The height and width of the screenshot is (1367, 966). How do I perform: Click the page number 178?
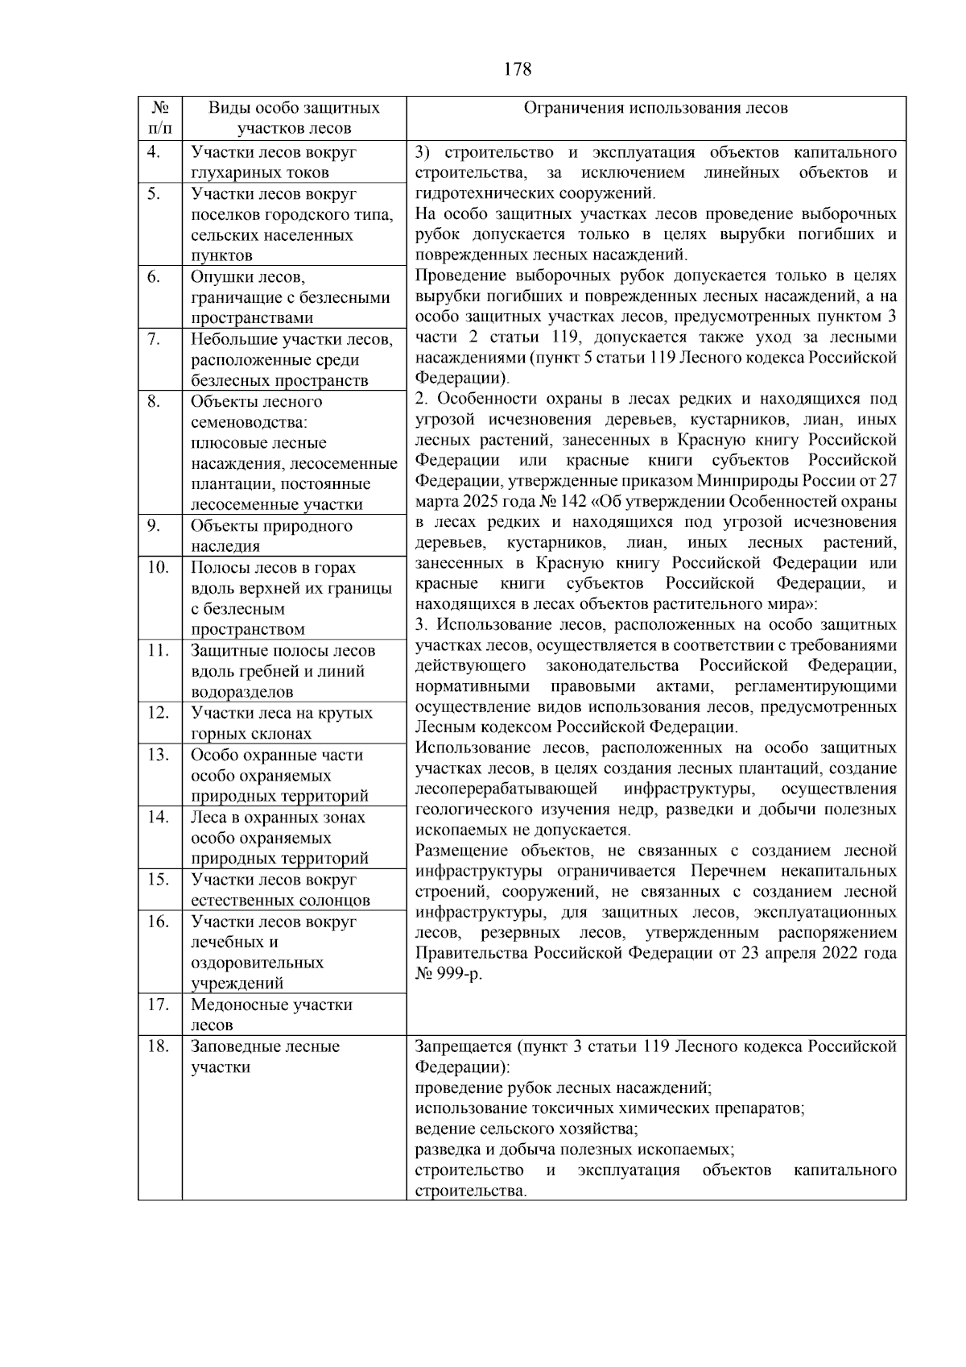(518, 69)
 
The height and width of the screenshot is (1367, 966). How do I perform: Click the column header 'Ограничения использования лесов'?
(655, 108)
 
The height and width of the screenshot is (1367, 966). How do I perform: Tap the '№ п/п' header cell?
(159, 118)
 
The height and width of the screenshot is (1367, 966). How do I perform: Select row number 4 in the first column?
(154, 152)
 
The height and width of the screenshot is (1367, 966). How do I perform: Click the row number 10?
(157, 567)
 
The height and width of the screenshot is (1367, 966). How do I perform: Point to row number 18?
(157, 1046)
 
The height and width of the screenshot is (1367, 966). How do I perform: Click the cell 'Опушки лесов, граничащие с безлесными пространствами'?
(290, 297)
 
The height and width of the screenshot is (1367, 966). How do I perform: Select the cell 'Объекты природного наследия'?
(271, 536)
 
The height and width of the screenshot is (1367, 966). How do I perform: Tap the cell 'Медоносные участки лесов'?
(271, 1014)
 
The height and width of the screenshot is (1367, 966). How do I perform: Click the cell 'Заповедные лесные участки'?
(265, 1056)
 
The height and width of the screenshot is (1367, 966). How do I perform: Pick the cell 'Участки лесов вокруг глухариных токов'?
(273, 162)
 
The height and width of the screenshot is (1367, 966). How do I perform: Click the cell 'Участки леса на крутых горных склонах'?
(281, 723)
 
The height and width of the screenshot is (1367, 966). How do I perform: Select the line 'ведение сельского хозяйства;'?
(526, 1129)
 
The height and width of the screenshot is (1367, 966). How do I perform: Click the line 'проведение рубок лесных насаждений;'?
(563, 1087)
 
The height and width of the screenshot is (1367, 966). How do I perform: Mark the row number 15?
(157, 879)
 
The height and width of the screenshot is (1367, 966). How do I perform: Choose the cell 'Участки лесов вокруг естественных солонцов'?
(280, 889)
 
